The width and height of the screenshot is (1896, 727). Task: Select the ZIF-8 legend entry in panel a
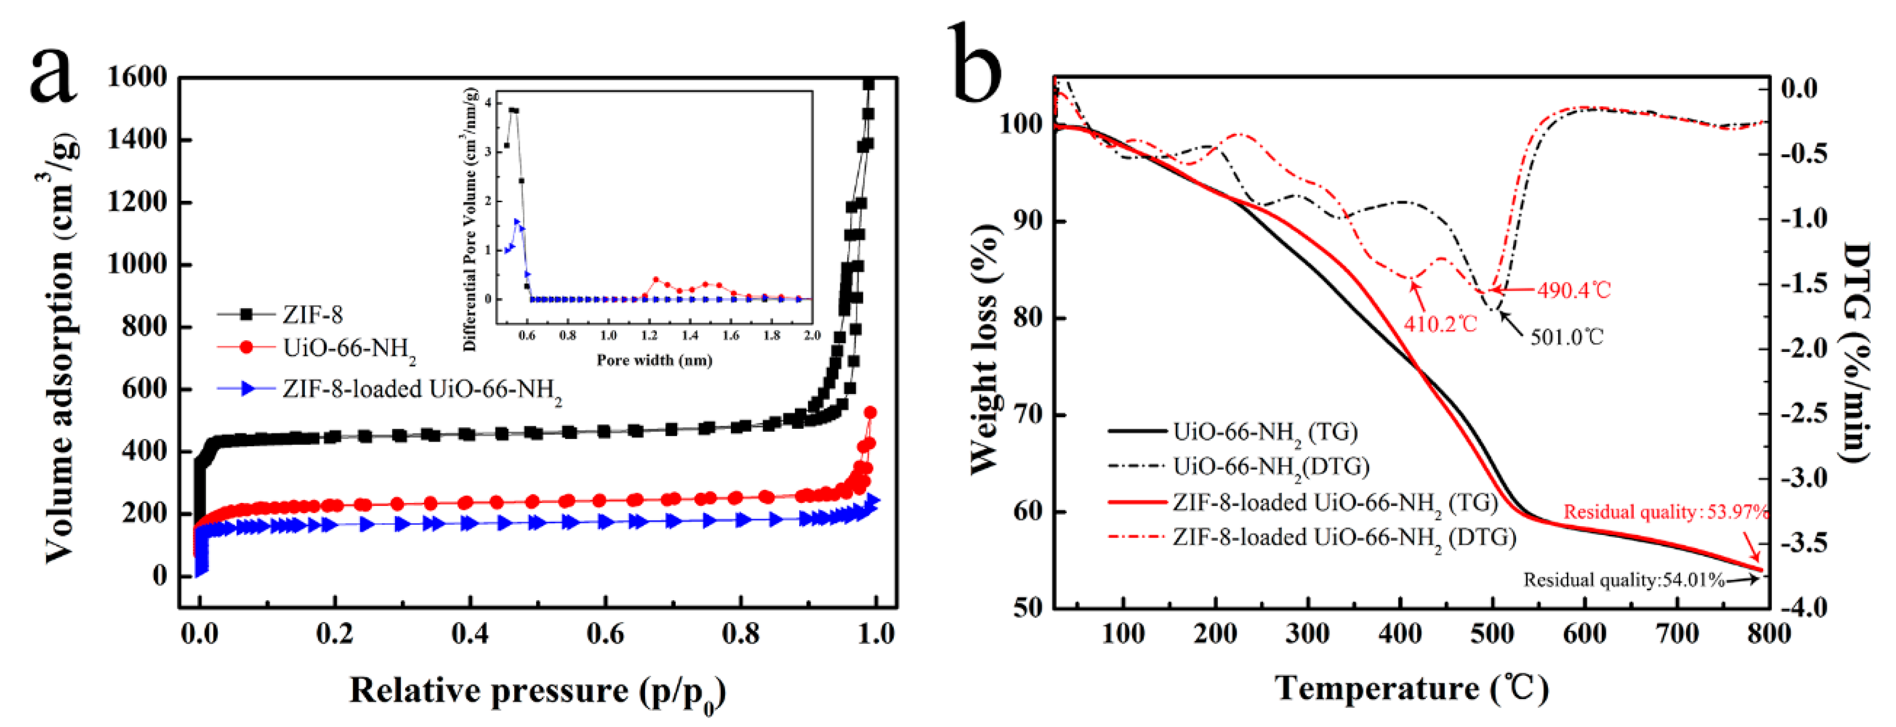[312, 315]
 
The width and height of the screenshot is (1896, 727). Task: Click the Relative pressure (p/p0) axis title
[537, 692]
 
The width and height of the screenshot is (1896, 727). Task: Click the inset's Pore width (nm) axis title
[654, 360]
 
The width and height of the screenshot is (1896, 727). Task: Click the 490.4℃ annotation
[1573, 290]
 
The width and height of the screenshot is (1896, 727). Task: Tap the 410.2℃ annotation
[1439, 324]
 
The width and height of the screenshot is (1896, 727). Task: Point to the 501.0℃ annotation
[1567, 338]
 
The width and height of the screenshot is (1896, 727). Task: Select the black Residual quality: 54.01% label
[1624, 580]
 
